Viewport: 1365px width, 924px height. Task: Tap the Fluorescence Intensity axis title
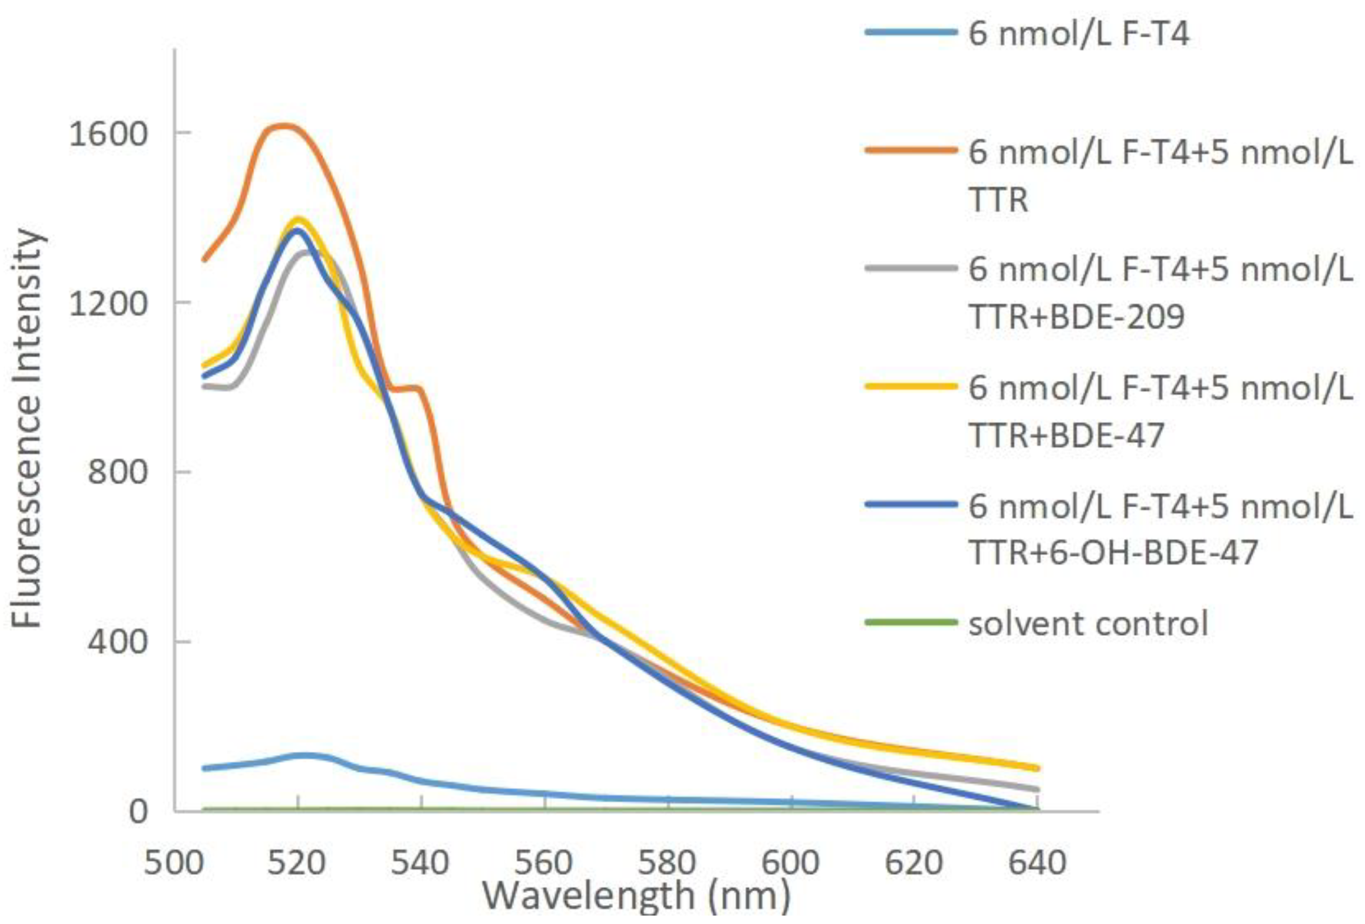point(27,429)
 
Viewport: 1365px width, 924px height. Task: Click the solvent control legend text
point(1088,624)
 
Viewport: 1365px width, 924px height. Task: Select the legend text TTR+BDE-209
point(1076,318)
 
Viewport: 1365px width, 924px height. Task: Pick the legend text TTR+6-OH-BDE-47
point(1113,553)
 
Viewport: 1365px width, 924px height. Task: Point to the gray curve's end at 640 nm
point(1037,789)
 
